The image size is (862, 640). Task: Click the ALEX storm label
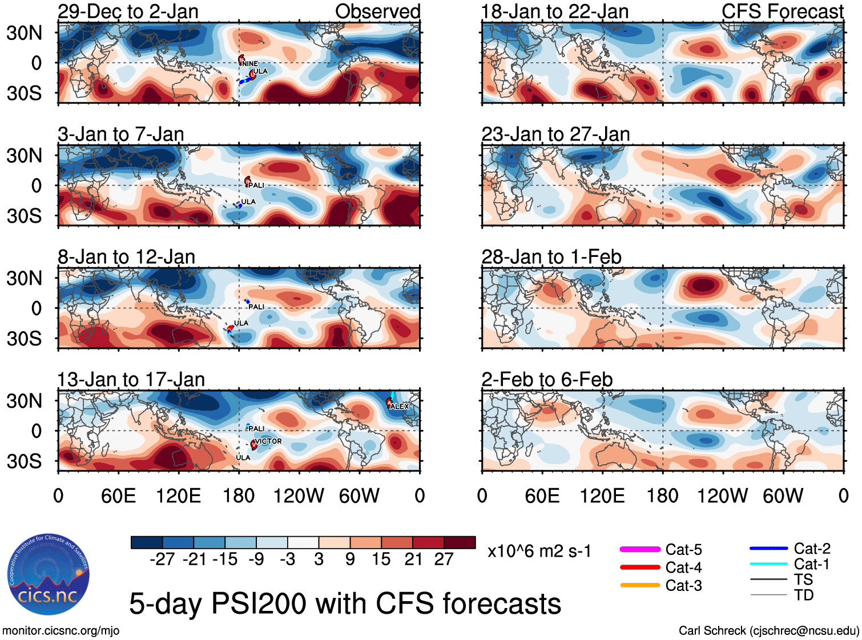[400, 406]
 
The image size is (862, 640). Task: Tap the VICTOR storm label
[268, 441]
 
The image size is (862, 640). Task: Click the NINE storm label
[250, 64]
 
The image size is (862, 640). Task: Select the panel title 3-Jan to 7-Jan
[121, 134]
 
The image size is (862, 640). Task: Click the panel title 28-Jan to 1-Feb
[551, 257]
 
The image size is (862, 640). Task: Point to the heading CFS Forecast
[782, 11]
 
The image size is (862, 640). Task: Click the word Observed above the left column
[377, 11]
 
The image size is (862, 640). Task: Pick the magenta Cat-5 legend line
[640, 549]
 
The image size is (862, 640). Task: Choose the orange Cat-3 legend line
[640, 585]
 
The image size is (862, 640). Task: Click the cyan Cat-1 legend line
[768, 564]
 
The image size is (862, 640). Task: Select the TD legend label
[804, 595]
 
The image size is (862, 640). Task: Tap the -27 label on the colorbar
[162, 559]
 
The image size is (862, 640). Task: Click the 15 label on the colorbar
[381, 559]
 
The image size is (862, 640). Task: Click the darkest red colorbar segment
[460, 542]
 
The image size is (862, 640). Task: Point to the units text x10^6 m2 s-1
[539, 552]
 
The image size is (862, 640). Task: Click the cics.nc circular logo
[48, 574]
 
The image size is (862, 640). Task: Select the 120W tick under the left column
[299, 496]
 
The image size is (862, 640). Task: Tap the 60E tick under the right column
[542, 496]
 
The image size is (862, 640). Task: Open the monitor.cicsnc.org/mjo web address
[61, 631]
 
